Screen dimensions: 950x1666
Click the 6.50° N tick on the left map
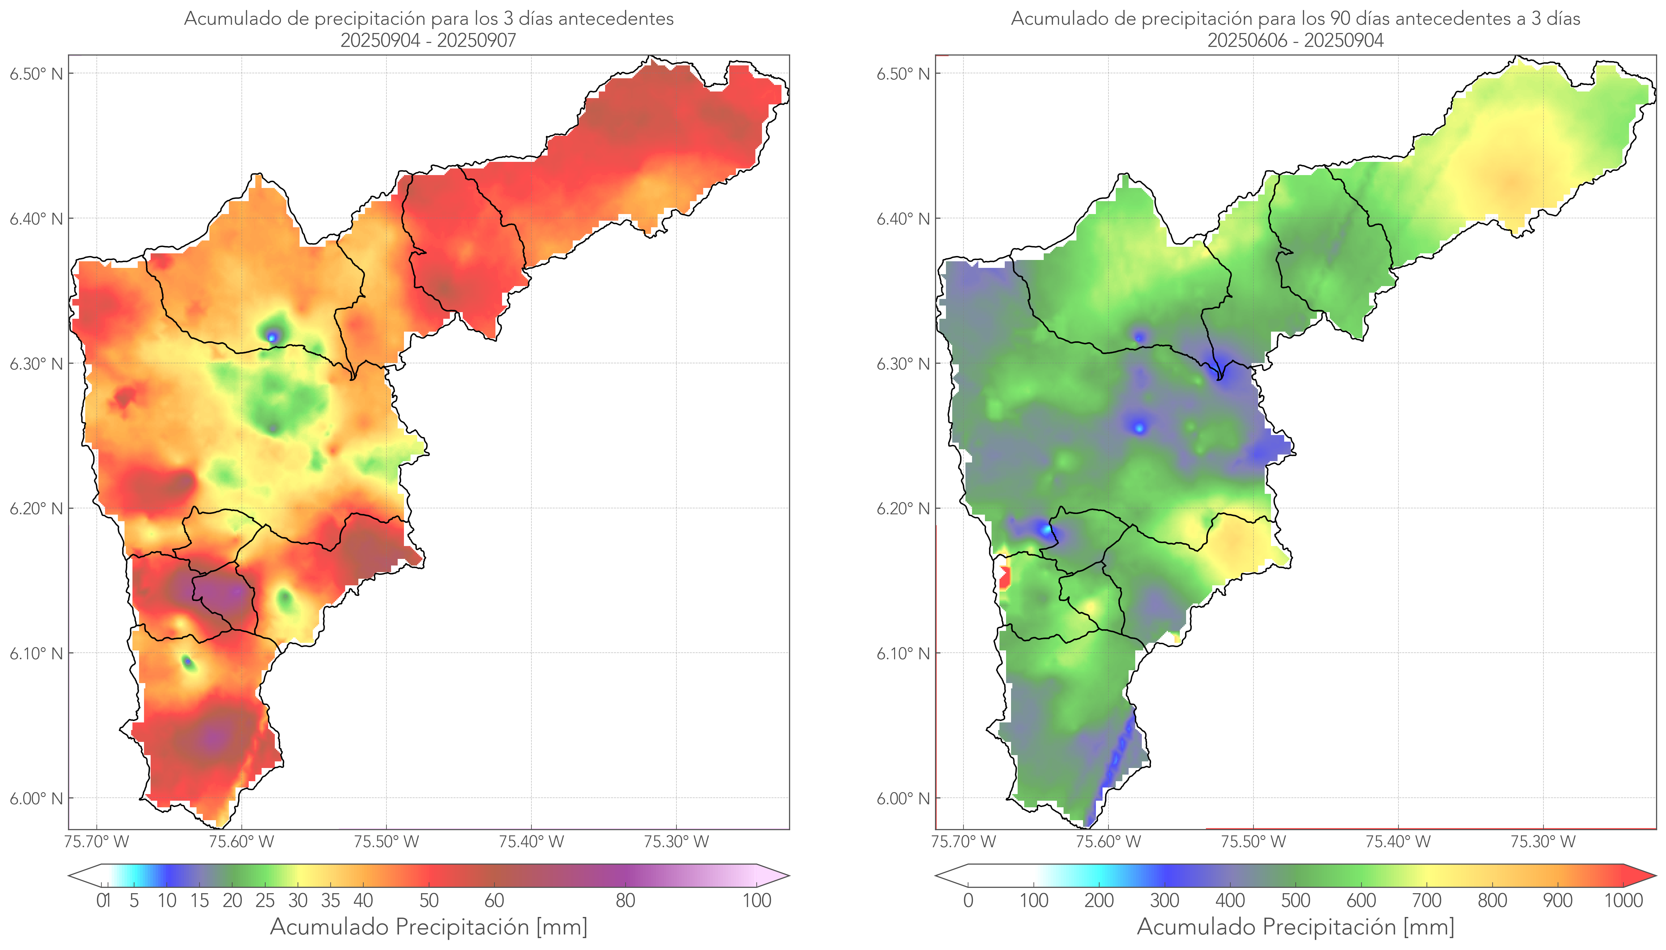pyautogui.click(x=36, y=74)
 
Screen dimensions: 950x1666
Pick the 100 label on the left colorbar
pyautogui.click(x=757, y=900)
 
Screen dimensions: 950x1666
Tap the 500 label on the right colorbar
pyautogui.click(x=1295, y=900)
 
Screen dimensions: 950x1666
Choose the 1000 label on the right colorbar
pyautogui.click(x=1623, y=900)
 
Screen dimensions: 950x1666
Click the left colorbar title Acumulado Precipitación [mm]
pyautogui.click(x=429, y=927)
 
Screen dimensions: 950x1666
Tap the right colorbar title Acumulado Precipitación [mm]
pyautogui.click(x=1295, y=927)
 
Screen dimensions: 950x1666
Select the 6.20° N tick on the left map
pyautogui.click(x=36, y=508)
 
